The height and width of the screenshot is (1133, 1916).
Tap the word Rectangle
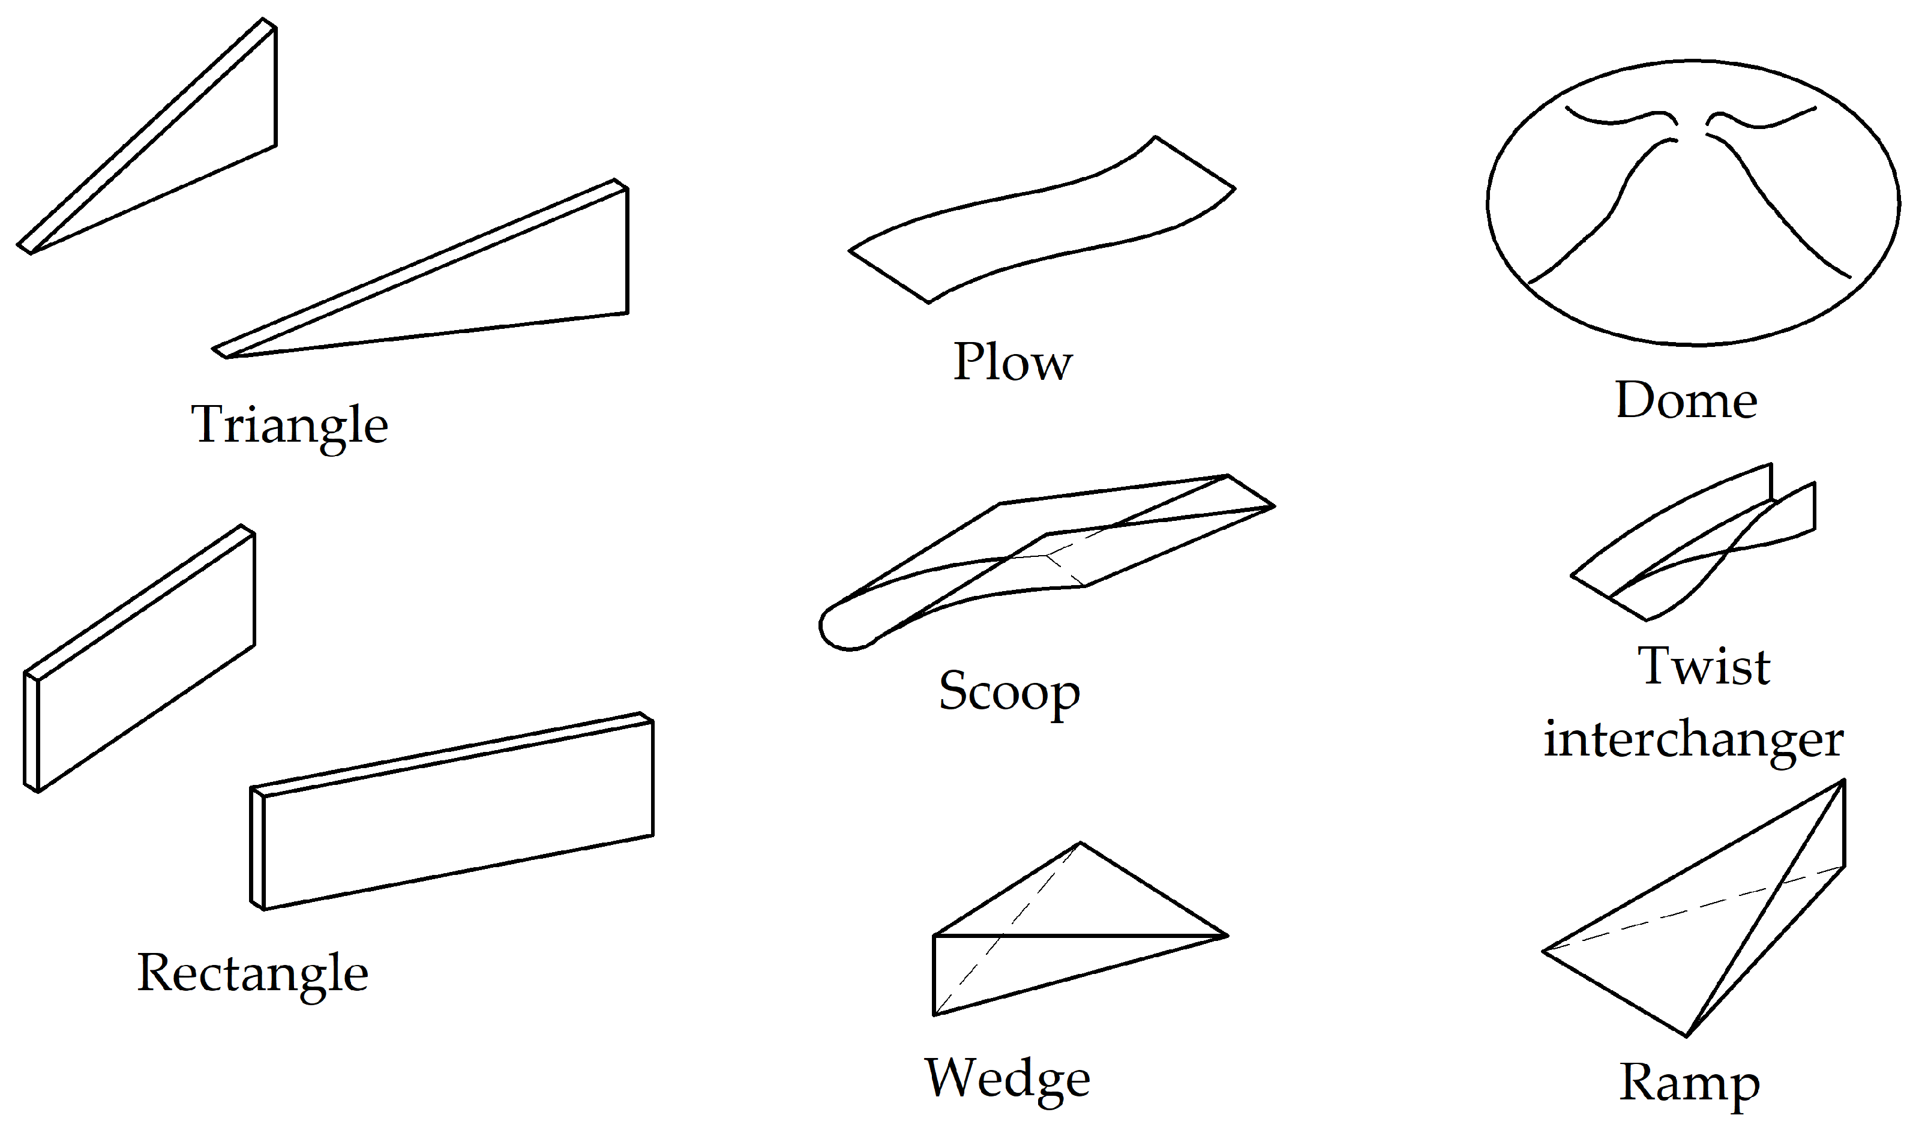coord(253,973)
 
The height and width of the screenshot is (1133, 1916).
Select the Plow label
coord(1012,362)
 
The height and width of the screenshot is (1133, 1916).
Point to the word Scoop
coord(1009,691)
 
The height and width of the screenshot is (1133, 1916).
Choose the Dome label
coord(1686,400)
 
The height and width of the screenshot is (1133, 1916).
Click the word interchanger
coord(1694,739)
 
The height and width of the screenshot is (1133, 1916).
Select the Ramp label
coord(1689,1083)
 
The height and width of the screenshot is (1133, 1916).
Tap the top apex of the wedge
coord(1080,844)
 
